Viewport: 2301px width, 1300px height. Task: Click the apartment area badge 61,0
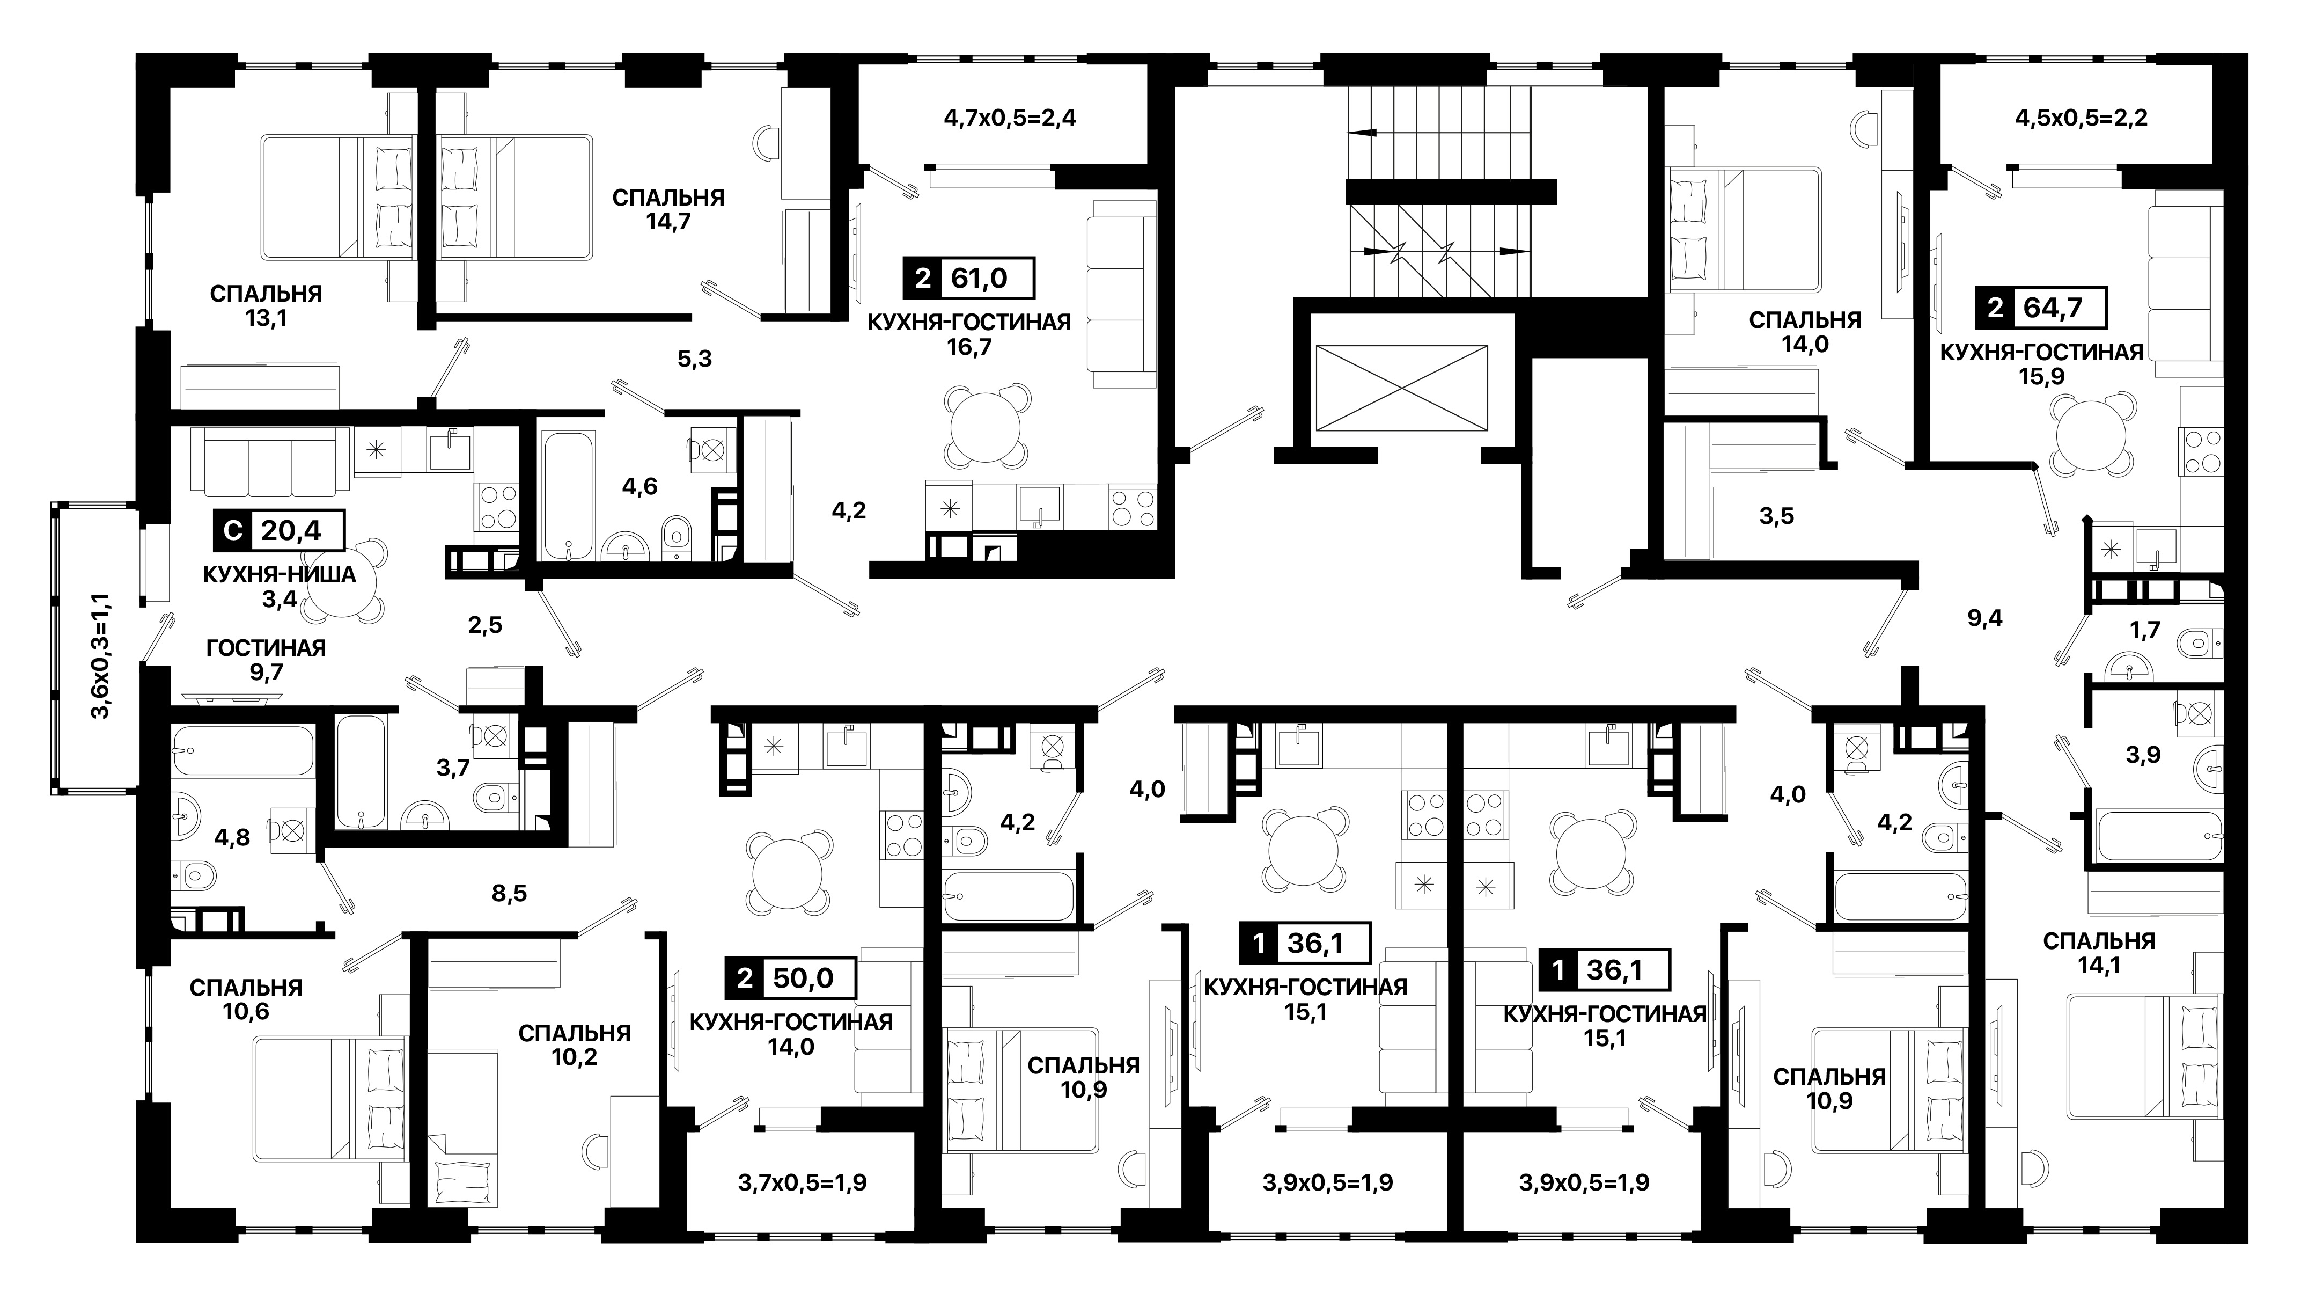point(969,278)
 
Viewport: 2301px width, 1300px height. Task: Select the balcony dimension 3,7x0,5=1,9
point(802,1183)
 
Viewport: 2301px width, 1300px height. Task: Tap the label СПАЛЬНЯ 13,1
point(266,305)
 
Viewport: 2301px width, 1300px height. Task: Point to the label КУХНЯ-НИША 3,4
point(280,586)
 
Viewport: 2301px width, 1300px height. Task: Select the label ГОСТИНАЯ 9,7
point(266,659)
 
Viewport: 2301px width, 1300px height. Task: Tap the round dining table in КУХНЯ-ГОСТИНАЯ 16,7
point(986,425)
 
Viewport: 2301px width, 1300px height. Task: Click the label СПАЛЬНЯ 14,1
point(2099,952)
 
